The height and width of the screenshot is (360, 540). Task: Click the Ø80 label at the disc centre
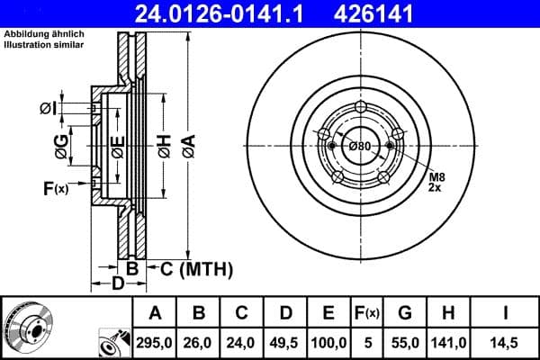(x=360, y=146)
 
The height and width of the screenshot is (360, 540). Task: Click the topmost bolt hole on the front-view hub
(x=361, y=108)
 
